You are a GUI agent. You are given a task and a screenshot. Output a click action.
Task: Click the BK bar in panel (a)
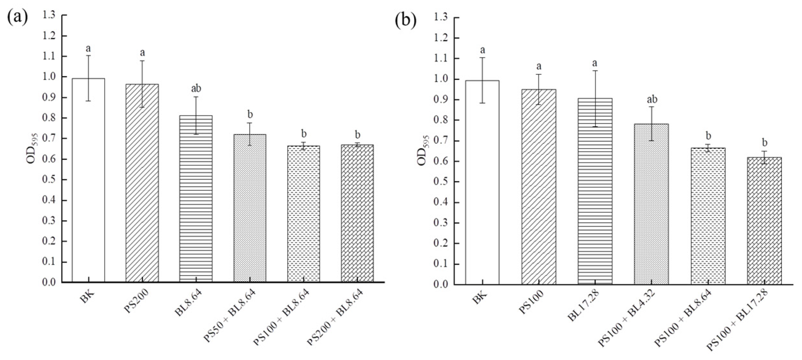pyautogui.click(x=88, y=180)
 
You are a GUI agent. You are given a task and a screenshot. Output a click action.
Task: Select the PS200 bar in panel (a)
pyautogui.click(x=142, y=184)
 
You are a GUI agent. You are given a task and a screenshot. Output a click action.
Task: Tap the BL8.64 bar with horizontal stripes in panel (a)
pyautogui.click(x=196, y=200)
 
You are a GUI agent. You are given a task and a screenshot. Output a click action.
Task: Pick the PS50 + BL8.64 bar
pyautogui.click(x=250, y=209)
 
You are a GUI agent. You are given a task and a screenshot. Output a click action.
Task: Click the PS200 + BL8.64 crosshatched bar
pyautogui.click(x=357, y=214)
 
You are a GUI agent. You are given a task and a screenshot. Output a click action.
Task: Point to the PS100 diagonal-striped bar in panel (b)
pyautogui.click(x=539, y=187)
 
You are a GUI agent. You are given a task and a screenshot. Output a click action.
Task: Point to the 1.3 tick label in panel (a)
pyautogui.click(x=48, y=15)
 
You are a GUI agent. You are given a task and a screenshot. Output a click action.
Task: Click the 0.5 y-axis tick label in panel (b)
pyautogui.click(x=440, y=182)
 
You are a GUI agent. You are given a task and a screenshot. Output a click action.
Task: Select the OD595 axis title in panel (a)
pyautogui.click(x=32, y=149)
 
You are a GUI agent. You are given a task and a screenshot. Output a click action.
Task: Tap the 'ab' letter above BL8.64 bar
pyautogui.click(x=196, y=88)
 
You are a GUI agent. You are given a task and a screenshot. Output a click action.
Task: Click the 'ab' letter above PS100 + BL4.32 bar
pyautogui.click(x=652, y=99)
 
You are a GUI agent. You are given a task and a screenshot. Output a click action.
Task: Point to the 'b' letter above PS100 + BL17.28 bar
pyautogui.click(x=764, y=142)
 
